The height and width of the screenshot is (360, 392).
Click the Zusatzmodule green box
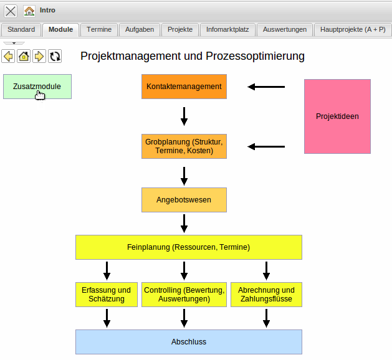pos(37,87)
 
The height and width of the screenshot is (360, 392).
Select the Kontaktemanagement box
pos(184,87)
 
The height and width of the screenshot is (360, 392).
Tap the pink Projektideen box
pos(337,116)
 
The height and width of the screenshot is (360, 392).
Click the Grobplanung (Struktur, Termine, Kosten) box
pos(184,146)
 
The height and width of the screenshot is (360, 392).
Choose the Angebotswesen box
pos(184,200)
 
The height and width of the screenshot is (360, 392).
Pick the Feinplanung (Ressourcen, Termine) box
pos(188,247)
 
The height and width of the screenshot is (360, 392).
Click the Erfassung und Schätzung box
pos(107,295)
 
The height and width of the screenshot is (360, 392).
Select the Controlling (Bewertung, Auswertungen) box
pos(184,295)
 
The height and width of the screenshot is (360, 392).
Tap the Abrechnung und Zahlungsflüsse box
pos(266,295)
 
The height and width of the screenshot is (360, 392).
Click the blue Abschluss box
pos(188,342)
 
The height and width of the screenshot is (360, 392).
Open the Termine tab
pos(99,29)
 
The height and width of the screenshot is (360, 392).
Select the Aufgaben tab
pos(139,29)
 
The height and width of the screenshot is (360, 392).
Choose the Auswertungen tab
pos(284,29)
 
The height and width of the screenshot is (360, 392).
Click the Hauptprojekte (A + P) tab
pos(352,29)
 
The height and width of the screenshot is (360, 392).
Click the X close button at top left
pos(11,11)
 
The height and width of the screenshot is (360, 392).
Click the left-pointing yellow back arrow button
pos(9,57)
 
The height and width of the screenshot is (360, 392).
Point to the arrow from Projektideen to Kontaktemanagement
pos(266,87)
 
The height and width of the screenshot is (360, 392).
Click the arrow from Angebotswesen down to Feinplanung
pos(184,223)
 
